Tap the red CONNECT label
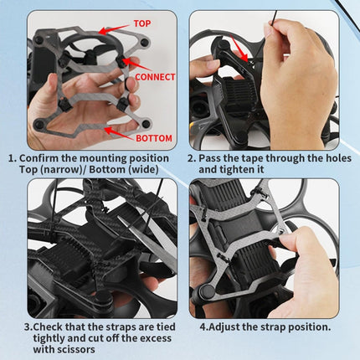[156, 76]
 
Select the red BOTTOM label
[153, 138]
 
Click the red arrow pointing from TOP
[117, 31]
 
